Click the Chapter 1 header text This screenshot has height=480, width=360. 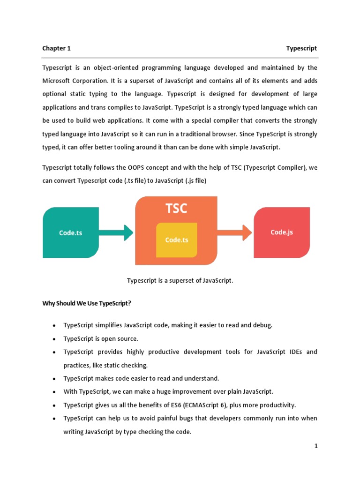[x=56, y=48]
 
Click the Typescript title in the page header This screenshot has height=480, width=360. [x=301, y=48]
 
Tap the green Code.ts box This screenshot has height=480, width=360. [x=71, y=232]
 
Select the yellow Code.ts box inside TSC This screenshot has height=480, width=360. [x=176, y=240]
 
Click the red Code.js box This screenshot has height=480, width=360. [x=282, y=232]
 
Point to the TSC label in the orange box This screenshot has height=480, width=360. [x=176, y=209]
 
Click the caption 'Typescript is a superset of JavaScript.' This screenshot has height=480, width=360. [x=180, y=280]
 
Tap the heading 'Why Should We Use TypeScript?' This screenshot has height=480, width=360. [x=87, y=303]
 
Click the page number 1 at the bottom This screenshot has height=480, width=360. [x=316, y=446]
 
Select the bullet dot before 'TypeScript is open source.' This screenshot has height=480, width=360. [x=55, y=338]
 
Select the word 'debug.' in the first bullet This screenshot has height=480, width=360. [x=260, y=325]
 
